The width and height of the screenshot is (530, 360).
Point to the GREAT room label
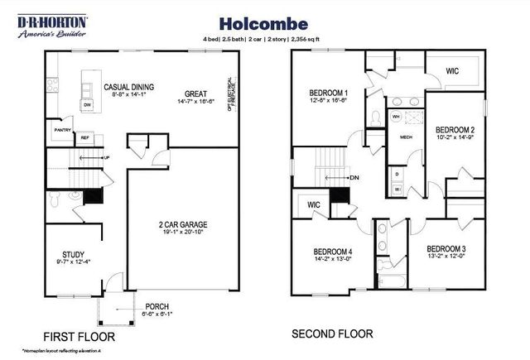(x=195, y=94)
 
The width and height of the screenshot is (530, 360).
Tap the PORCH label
(x=157, y=305)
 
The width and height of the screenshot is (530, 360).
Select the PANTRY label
(x=62, y=130)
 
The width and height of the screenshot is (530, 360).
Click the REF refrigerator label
(x=84, y=137)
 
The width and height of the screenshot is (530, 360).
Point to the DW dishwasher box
(x=87, y=106)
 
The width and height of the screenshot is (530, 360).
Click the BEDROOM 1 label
(x=328, y=92)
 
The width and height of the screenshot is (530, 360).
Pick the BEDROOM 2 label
(x=455, y=130)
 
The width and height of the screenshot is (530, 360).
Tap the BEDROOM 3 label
(x=446, y=248)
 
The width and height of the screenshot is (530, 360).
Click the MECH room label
(x=407, y=137)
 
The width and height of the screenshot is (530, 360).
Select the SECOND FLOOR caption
(x=332, y=334)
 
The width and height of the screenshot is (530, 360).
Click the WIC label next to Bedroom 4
(x=313, y=204)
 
